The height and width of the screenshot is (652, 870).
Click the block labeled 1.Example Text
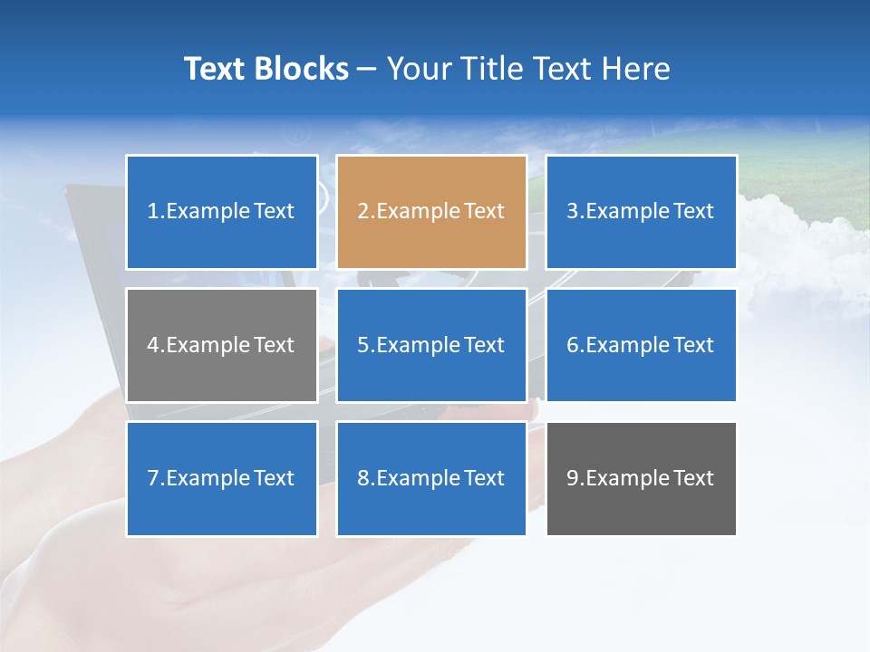221,212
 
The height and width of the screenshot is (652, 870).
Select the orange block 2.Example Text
431,212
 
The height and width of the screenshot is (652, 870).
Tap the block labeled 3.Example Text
641,212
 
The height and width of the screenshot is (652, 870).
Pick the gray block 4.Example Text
221,345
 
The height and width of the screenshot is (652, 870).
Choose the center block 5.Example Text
431,345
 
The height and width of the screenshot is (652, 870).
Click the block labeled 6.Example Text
641,345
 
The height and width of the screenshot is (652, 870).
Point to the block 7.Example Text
221,478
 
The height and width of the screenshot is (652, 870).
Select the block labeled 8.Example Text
431,478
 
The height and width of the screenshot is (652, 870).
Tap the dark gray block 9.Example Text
641,478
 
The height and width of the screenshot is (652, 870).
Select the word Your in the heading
416,69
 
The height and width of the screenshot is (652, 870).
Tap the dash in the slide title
367,69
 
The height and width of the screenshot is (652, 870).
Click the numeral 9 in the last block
573,478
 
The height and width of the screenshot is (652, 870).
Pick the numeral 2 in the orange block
362,212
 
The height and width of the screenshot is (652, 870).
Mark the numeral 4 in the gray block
153,345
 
